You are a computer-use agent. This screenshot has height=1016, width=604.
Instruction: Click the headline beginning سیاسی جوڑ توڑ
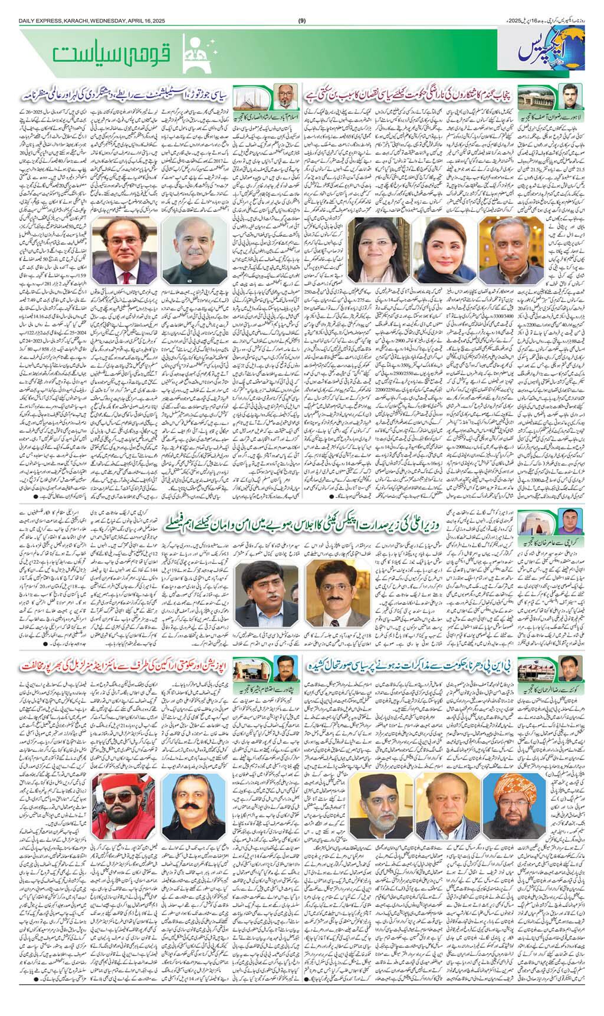[x=124, y=95]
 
